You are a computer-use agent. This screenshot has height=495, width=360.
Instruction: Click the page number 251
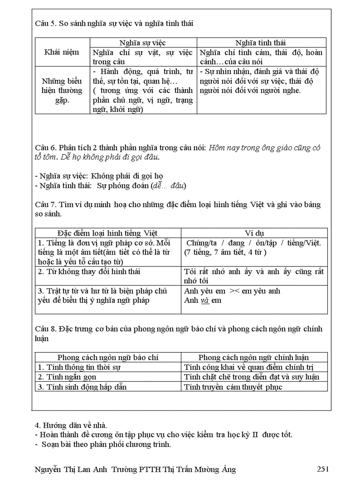pyautogui.click(x=322, y=469)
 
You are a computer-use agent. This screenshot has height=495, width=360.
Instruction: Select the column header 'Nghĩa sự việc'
pyautogui.click(x=143, y=43)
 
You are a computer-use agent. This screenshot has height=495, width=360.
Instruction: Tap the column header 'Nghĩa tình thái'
pyautogui.click(x=260, y=43)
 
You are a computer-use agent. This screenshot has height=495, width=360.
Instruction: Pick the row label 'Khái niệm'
pyautogui.click(x=62, y=52)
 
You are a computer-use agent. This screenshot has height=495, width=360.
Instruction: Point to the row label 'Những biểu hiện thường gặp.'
pyautogui.click(x=62, y=90)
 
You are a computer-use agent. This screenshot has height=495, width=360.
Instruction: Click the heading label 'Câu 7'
pyautogui.click(x=45, y=205)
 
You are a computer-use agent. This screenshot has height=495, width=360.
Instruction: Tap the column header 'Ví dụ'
pyautogui.click(x=254, y=233)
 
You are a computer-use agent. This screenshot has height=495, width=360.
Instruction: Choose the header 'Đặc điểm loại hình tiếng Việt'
pyautogui.click(x=108, y=233)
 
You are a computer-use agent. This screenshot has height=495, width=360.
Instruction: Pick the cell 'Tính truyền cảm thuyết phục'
pyautogui.click(x=233, y=387)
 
